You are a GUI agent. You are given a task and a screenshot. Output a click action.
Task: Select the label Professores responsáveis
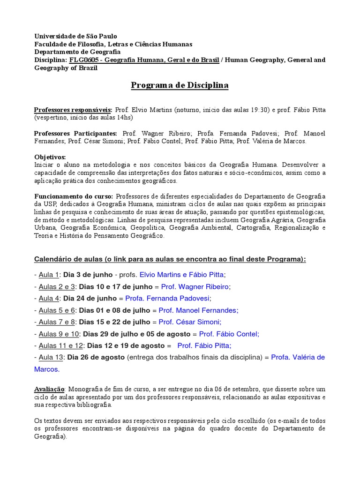click(73, 110)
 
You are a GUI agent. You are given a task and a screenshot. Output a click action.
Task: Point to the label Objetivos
click(50, 157)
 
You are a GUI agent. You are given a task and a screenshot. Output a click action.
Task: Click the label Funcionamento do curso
click(74, 196)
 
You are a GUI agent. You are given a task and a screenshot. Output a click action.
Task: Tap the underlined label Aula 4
click(49, 298)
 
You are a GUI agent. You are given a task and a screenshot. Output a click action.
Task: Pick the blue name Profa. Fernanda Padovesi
click(170, 298)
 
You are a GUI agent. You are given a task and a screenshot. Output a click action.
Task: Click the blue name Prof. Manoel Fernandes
click(198, 310)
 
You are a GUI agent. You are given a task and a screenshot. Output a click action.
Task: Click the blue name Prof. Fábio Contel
click(229, 333)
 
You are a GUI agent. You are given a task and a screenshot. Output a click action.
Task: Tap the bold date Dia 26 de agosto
click(96, 357)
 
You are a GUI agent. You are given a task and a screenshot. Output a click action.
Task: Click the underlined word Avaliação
click(51, 389)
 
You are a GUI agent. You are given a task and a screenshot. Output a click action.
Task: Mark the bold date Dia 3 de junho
click(88, 274)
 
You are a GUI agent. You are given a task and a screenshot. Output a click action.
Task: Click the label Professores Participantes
click(76, 134)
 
